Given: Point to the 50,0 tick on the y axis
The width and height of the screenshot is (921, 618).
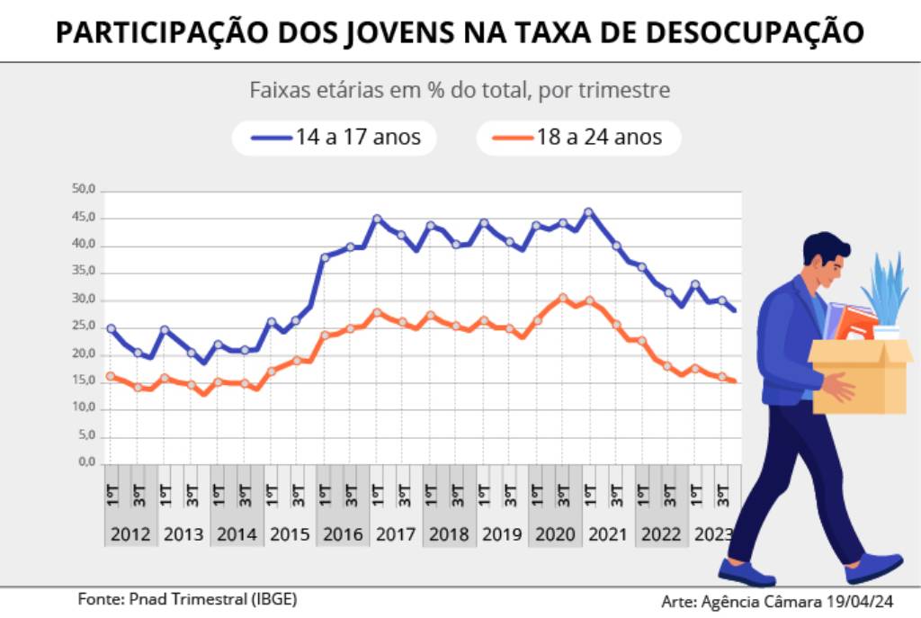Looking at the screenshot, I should tap(84, 190).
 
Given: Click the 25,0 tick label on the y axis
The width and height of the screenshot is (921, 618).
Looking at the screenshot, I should tap(84, 327).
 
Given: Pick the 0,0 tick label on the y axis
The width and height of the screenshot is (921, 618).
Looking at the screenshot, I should tap(86, 462).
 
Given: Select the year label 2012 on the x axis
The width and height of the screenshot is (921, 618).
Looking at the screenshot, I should tap(130, 533).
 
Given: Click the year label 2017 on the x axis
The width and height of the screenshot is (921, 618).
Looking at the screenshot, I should tap(396, 533).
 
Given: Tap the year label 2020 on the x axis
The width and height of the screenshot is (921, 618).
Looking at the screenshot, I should tap(555, 533).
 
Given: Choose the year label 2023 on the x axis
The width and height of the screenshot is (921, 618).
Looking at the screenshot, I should tap(713, 533).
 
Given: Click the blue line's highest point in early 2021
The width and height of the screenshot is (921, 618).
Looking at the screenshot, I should tap(588, 212).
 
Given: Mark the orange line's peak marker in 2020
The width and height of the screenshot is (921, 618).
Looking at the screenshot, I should tap(562, 298).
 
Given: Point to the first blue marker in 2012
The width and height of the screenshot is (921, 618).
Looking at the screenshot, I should tap(111, 328).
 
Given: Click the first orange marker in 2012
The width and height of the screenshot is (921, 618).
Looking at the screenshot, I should tap(111, 376).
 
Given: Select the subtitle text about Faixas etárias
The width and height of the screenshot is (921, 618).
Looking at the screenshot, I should tap(459, 91).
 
